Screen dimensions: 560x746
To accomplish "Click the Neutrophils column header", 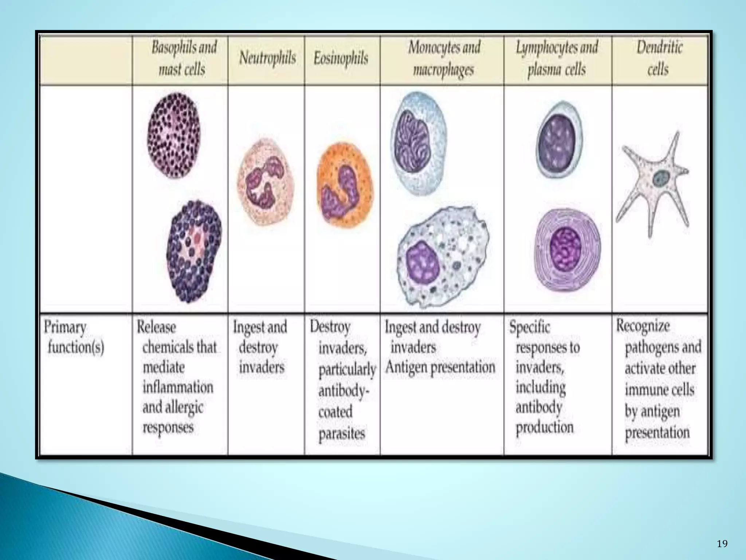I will (x=267, y=58).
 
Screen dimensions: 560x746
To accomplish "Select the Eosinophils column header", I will (x=341, y=58).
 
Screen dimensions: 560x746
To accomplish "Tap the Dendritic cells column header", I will (x=659, y=58).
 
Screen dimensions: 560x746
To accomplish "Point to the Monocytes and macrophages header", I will (x=444, y=58).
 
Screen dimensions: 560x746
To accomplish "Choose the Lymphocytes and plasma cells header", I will (x=557, y=58).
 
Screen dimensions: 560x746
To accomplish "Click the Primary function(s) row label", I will (x=74, y=337).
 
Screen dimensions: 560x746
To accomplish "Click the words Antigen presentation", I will (x=440, y=367).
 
